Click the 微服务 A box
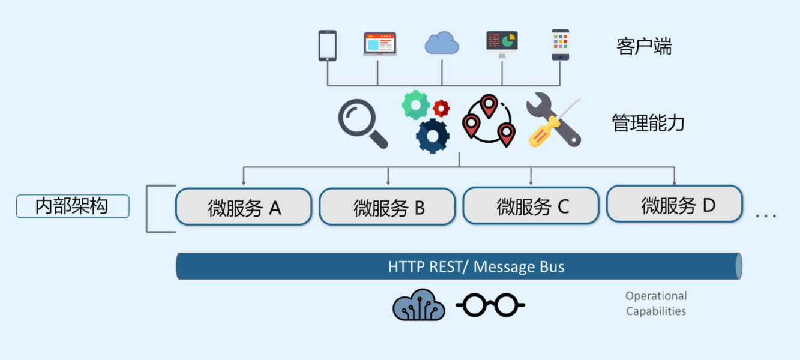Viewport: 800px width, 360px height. [x=244, y=206]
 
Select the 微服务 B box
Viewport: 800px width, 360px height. [x=387, y=207]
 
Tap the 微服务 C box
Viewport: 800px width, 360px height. [x=531, y=206]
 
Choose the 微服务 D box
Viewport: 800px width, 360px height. [x=675, y=204]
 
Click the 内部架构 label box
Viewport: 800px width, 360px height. [x=73, y=206]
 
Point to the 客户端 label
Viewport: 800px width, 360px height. [x=644, y=46]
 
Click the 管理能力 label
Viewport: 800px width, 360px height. [x=648, y=123]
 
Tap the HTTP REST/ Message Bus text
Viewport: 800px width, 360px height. [x=476, y=266]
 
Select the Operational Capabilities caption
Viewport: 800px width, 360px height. [x=655, y=304]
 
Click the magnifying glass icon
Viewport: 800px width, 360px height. [x=362, y=122]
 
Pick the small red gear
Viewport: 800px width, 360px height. [x=441, y=108]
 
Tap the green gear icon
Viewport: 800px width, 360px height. [x=415, y=105]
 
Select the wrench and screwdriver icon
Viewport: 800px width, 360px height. [x=553, y=121]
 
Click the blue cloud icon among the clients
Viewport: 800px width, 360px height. [x=442, y=43]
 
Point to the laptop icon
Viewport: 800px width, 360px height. [x=380, y=44]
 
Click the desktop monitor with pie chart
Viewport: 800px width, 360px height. [x=502, y=44]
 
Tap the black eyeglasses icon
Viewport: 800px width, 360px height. [x=490, y=305]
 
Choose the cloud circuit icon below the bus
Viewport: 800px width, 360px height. [x=419, y=305]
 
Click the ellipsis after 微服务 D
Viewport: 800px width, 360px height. [x=766, y=215]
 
